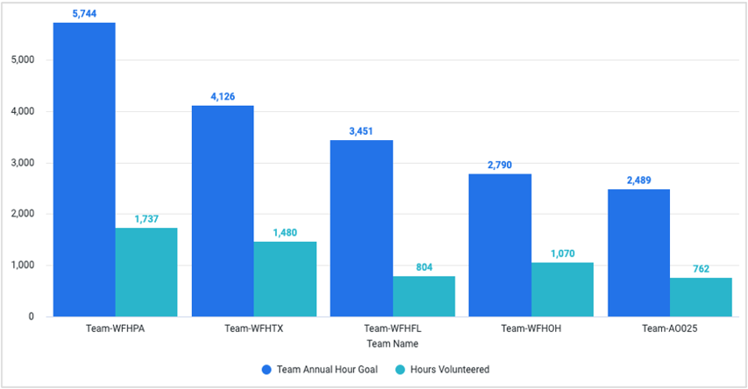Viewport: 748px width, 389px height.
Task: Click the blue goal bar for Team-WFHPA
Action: [84, 169]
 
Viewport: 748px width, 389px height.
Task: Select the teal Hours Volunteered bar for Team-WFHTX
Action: [286, 279]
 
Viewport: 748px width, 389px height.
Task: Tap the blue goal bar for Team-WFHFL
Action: [362, 228]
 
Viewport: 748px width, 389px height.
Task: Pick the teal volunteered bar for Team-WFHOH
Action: [562, 290]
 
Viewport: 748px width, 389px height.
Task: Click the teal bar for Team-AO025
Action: [701, 297]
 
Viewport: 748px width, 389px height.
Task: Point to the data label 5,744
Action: [84, 14]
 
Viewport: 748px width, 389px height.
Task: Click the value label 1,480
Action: [285, 233]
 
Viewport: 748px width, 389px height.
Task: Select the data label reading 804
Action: [424, 267]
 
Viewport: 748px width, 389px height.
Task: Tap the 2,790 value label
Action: [499, 165]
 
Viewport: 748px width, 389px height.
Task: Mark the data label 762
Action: [701, 269]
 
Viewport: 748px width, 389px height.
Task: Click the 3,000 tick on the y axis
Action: [23, 163]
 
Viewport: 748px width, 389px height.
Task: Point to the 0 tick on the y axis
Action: [31, 316]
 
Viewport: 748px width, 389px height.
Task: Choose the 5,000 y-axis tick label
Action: [23, 60]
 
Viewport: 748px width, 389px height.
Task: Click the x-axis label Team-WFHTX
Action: [254, 329]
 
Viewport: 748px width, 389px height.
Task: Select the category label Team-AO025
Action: [670, 329]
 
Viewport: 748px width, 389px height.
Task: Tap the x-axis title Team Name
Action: [392, 343]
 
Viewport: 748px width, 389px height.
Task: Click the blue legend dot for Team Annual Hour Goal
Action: [266, 370]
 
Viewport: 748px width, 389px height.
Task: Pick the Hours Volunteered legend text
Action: [450, 370]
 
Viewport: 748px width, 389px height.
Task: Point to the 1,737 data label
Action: [146, 219]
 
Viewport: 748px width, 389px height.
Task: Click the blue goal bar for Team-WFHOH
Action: [500, 245]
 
